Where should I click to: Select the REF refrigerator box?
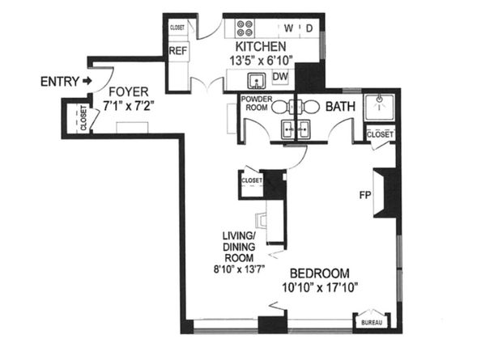(179, 51)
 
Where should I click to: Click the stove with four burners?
(244, 29)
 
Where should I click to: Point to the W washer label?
(290, 29)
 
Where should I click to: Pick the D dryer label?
(309, 29)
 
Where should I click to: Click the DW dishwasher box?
(281, 77)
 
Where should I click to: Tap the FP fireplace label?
(365, 195)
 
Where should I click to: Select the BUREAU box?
(371, 323)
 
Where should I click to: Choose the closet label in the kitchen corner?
(177, 27)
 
